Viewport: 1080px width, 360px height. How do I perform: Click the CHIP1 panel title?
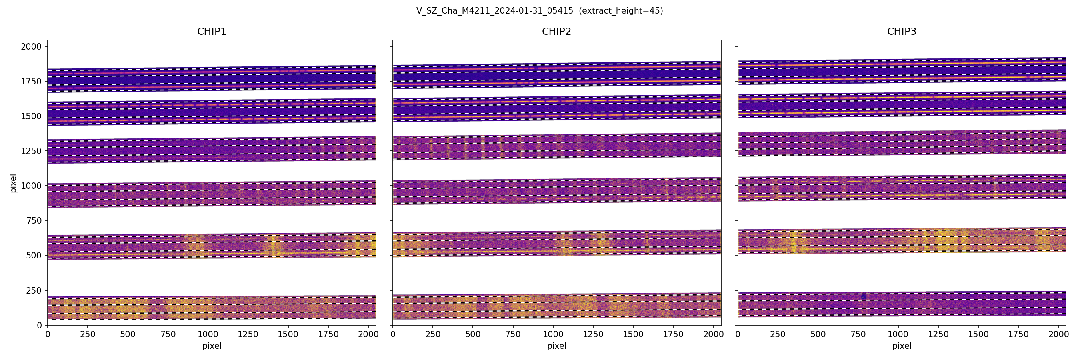212,32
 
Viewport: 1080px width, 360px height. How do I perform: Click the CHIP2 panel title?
556,32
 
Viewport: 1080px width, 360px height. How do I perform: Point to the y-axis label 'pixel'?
14,183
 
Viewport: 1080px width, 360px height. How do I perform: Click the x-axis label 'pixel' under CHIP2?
556,346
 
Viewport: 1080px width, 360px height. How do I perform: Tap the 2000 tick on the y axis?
31,46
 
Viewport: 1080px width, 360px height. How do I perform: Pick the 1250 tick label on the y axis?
31,151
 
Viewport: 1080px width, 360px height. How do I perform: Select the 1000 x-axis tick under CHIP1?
208,334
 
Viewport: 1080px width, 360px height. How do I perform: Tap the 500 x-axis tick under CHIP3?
818,334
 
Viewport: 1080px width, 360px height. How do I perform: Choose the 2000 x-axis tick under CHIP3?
1058,334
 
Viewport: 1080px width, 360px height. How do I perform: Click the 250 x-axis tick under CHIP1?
88,334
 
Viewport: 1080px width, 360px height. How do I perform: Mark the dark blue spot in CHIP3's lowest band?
864,297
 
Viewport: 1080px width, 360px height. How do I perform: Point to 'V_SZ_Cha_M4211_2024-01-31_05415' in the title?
495,11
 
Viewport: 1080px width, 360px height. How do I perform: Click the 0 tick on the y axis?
40,325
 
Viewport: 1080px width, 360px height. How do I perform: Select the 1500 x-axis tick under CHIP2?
633,334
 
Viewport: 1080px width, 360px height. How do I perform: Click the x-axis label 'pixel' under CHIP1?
212,346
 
